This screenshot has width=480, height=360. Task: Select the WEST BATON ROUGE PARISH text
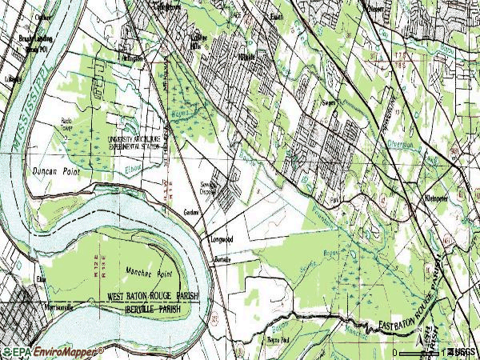[152, 296]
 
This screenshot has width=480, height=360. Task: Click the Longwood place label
[222, 239]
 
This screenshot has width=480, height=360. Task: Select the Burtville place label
[222, 261]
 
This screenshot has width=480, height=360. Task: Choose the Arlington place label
[132, 58]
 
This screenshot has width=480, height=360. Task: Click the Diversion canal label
[401, 146]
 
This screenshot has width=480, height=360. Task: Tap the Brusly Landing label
[33, 41]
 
